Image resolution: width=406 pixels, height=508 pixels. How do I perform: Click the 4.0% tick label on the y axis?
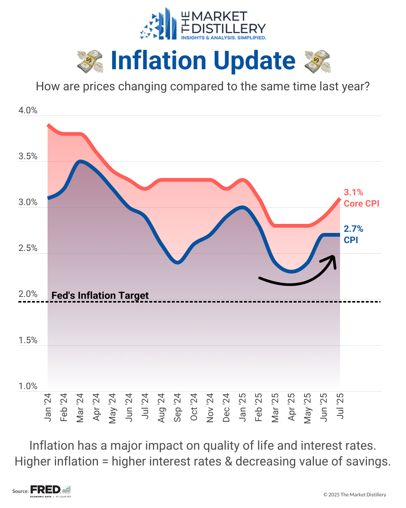(28, 111)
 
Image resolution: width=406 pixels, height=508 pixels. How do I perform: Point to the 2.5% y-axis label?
(28, 248)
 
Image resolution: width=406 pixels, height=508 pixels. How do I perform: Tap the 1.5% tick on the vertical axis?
(28, 341)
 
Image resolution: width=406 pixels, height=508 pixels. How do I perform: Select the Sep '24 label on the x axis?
(177, 408)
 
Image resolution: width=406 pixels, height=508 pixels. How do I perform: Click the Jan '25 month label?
(242, 408)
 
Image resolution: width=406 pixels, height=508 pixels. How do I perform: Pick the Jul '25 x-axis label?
(340, 406)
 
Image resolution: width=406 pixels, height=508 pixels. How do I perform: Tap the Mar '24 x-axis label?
(80, 408)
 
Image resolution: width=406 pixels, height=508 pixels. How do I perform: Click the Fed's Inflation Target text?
(100, 295)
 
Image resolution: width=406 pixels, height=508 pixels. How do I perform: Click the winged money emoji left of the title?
(90, 61)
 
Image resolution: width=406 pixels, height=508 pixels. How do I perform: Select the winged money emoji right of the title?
(317, 61)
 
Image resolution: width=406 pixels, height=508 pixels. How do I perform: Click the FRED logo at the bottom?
(45, 490)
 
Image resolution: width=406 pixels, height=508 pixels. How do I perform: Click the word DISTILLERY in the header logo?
(229, 29)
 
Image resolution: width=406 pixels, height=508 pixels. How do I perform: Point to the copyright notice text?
(354, 495)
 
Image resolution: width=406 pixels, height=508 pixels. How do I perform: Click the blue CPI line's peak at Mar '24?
(80, 161)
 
